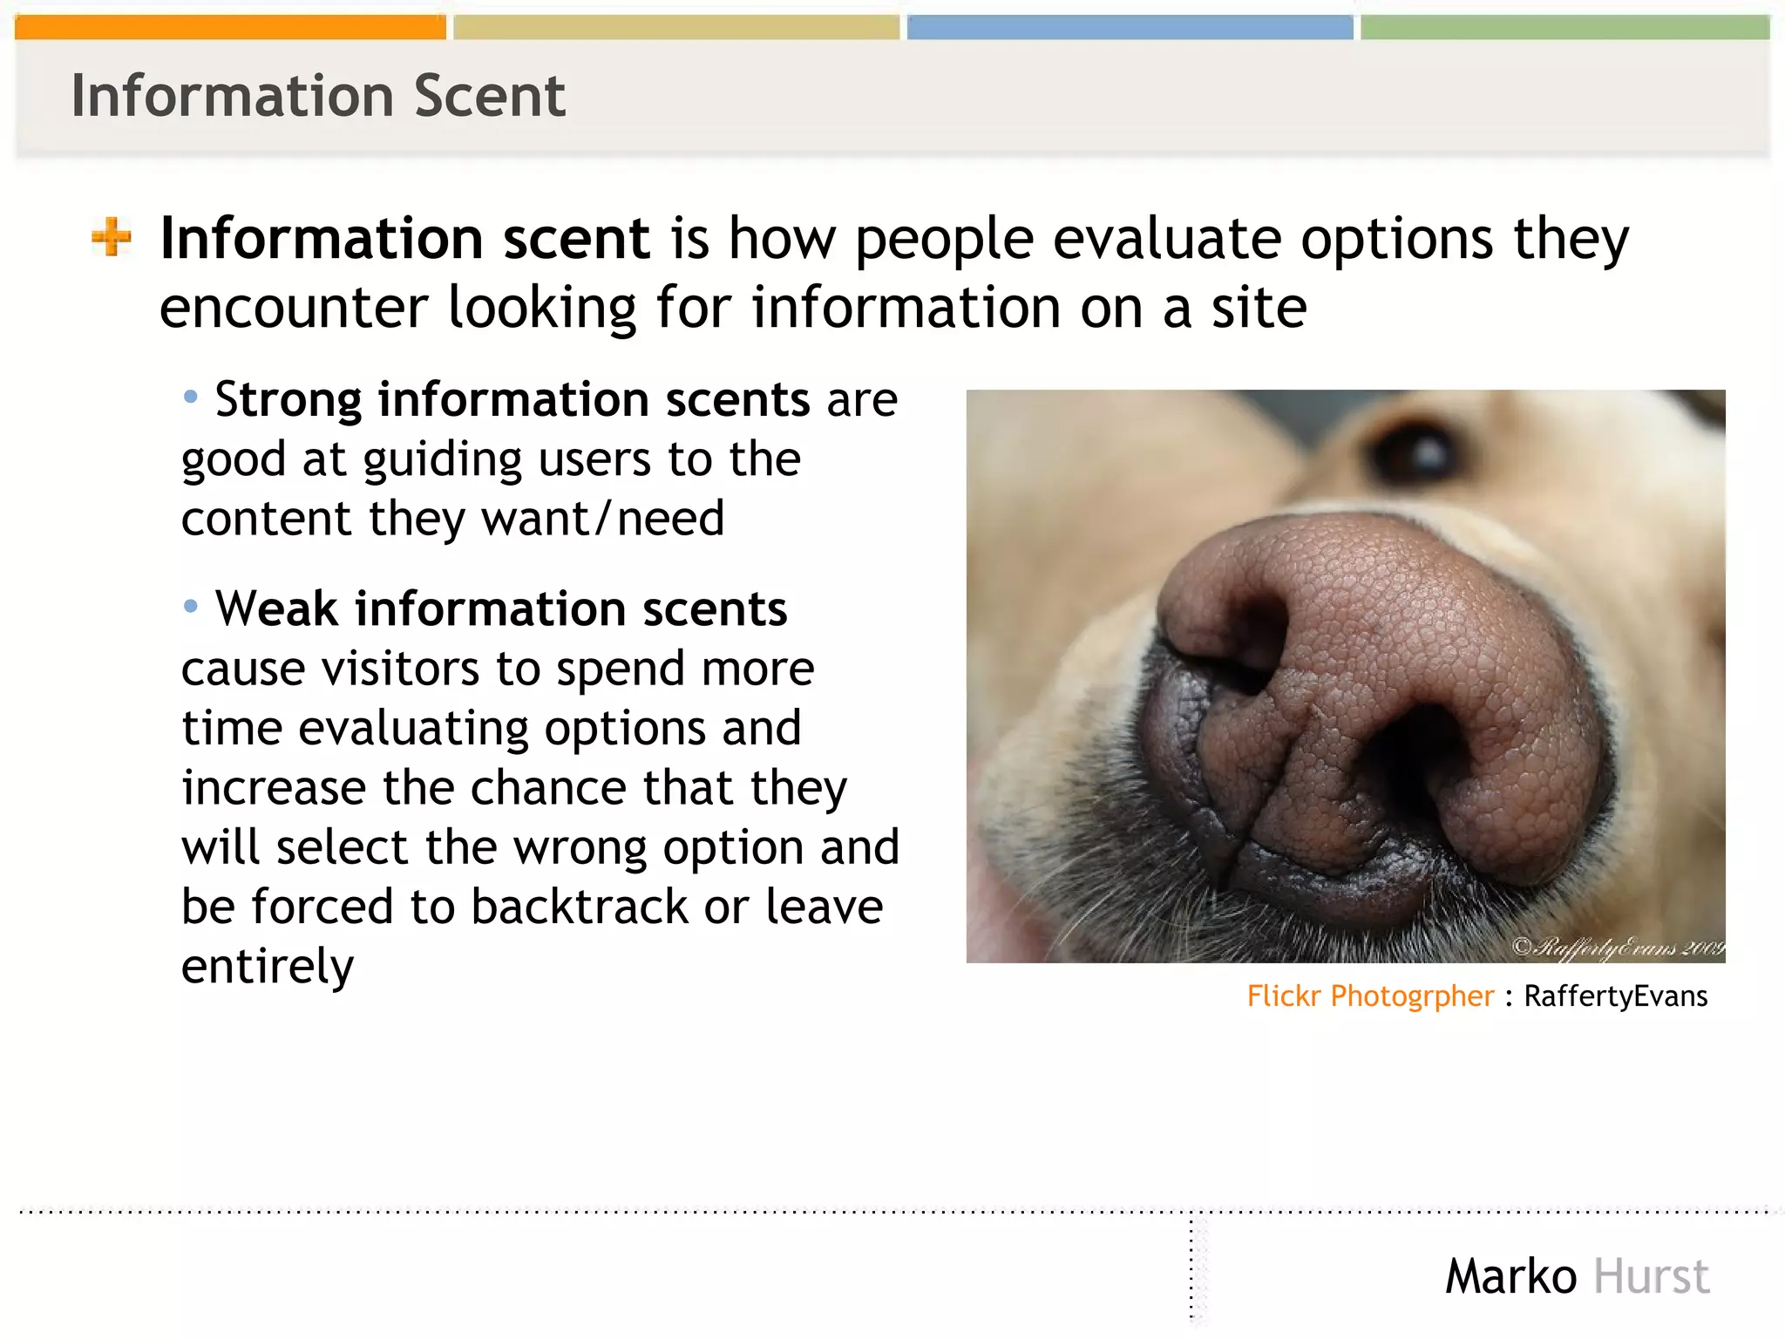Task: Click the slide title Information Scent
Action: click(x=318, y=96)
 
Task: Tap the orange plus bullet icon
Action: click(x=112, y=237)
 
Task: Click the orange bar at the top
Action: click(x=230, y=27)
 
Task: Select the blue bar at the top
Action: click(x=1130, y=27)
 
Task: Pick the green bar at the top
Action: click(x=1564, y=27)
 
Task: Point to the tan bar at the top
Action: click(x=675, y=27)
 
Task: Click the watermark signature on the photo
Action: click(x=1618, y=947)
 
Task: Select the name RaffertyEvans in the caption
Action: click(x=1615, y=996)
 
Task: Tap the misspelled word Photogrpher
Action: click(x=1412, y=996)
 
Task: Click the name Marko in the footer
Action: click(x=1510, y=1276)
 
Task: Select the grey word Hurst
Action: click(x=1651, y=1276)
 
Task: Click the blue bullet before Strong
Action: click(x=191, y=398)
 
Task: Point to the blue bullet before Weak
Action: click(x=191, y=606)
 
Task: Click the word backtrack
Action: click(x=579, y=907)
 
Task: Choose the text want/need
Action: click(x=603, y=519)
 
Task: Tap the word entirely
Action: click(x=268, y=966)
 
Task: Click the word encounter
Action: click(x=294, y=308)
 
